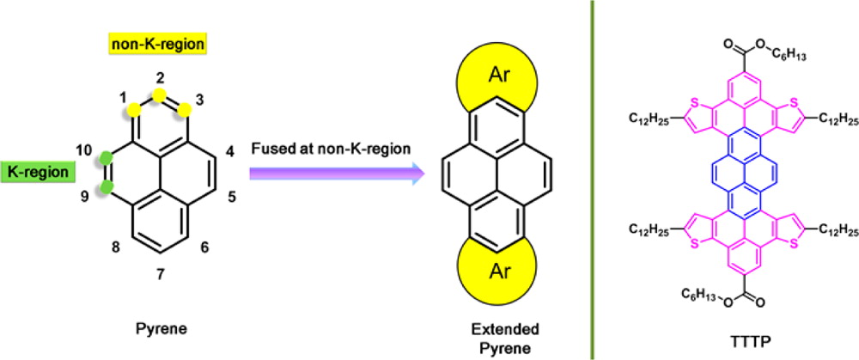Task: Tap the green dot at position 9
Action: [107, 188]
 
